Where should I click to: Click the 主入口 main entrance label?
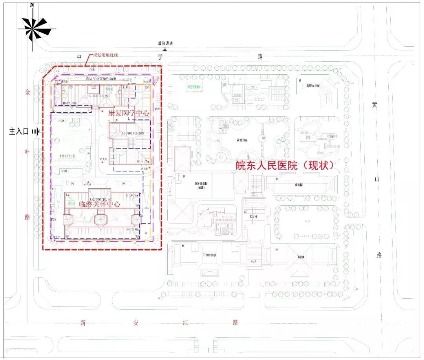(19, 132)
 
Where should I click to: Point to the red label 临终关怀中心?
(99, 204)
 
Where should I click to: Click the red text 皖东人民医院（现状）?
(285, 165)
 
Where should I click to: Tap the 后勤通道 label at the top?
(165, 44)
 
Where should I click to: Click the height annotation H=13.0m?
(133, 229)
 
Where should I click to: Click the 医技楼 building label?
(254, 217)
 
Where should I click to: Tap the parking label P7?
(73, 184)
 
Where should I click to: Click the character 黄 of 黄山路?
(376, 105)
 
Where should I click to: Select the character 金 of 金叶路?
(27, 93)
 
